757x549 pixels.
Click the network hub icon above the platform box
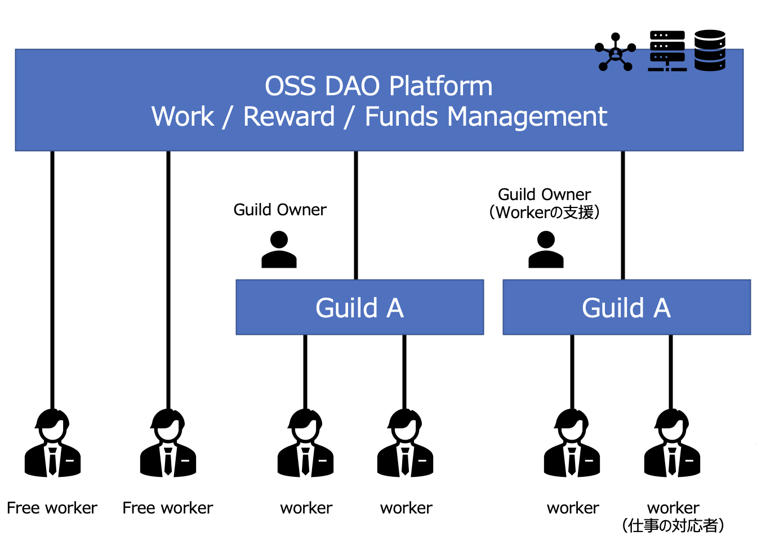coord(616,52)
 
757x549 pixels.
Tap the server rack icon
coord(667,51)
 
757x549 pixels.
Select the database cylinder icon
coord(710,50)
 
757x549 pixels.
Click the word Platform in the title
coord(440,86)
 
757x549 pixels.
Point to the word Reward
coord(289,117)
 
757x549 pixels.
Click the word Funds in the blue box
coord(402,117)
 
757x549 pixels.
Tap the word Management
coord(527,117)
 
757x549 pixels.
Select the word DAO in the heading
coord(353,86)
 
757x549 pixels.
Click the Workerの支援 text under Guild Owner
coord(545,212)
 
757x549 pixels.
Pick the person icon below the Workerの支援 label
coord(546,250)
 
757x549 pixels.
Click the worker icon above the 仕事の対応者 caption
coord(672,443)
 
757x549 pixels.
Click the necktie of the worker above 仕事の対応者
coord(672,462)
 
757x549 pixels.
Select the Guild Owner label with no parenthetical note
coord(280,210)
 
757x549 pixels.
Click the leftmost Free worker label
coord(52,508)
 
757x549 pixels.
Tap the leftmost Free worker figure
coord(52,443)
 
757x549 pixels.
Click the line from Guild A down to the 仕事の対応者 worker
coord(671,372)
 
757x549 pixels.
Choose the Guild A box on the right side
coord(626,307)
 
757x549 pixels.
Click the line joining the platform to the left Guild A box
coord(356,215)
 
